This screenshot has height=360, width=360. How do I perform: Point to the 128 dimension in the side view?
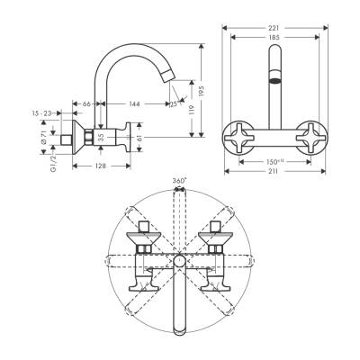pos(101,166)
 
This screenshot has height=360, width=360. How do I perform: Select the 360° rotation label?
pos(179,182)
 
